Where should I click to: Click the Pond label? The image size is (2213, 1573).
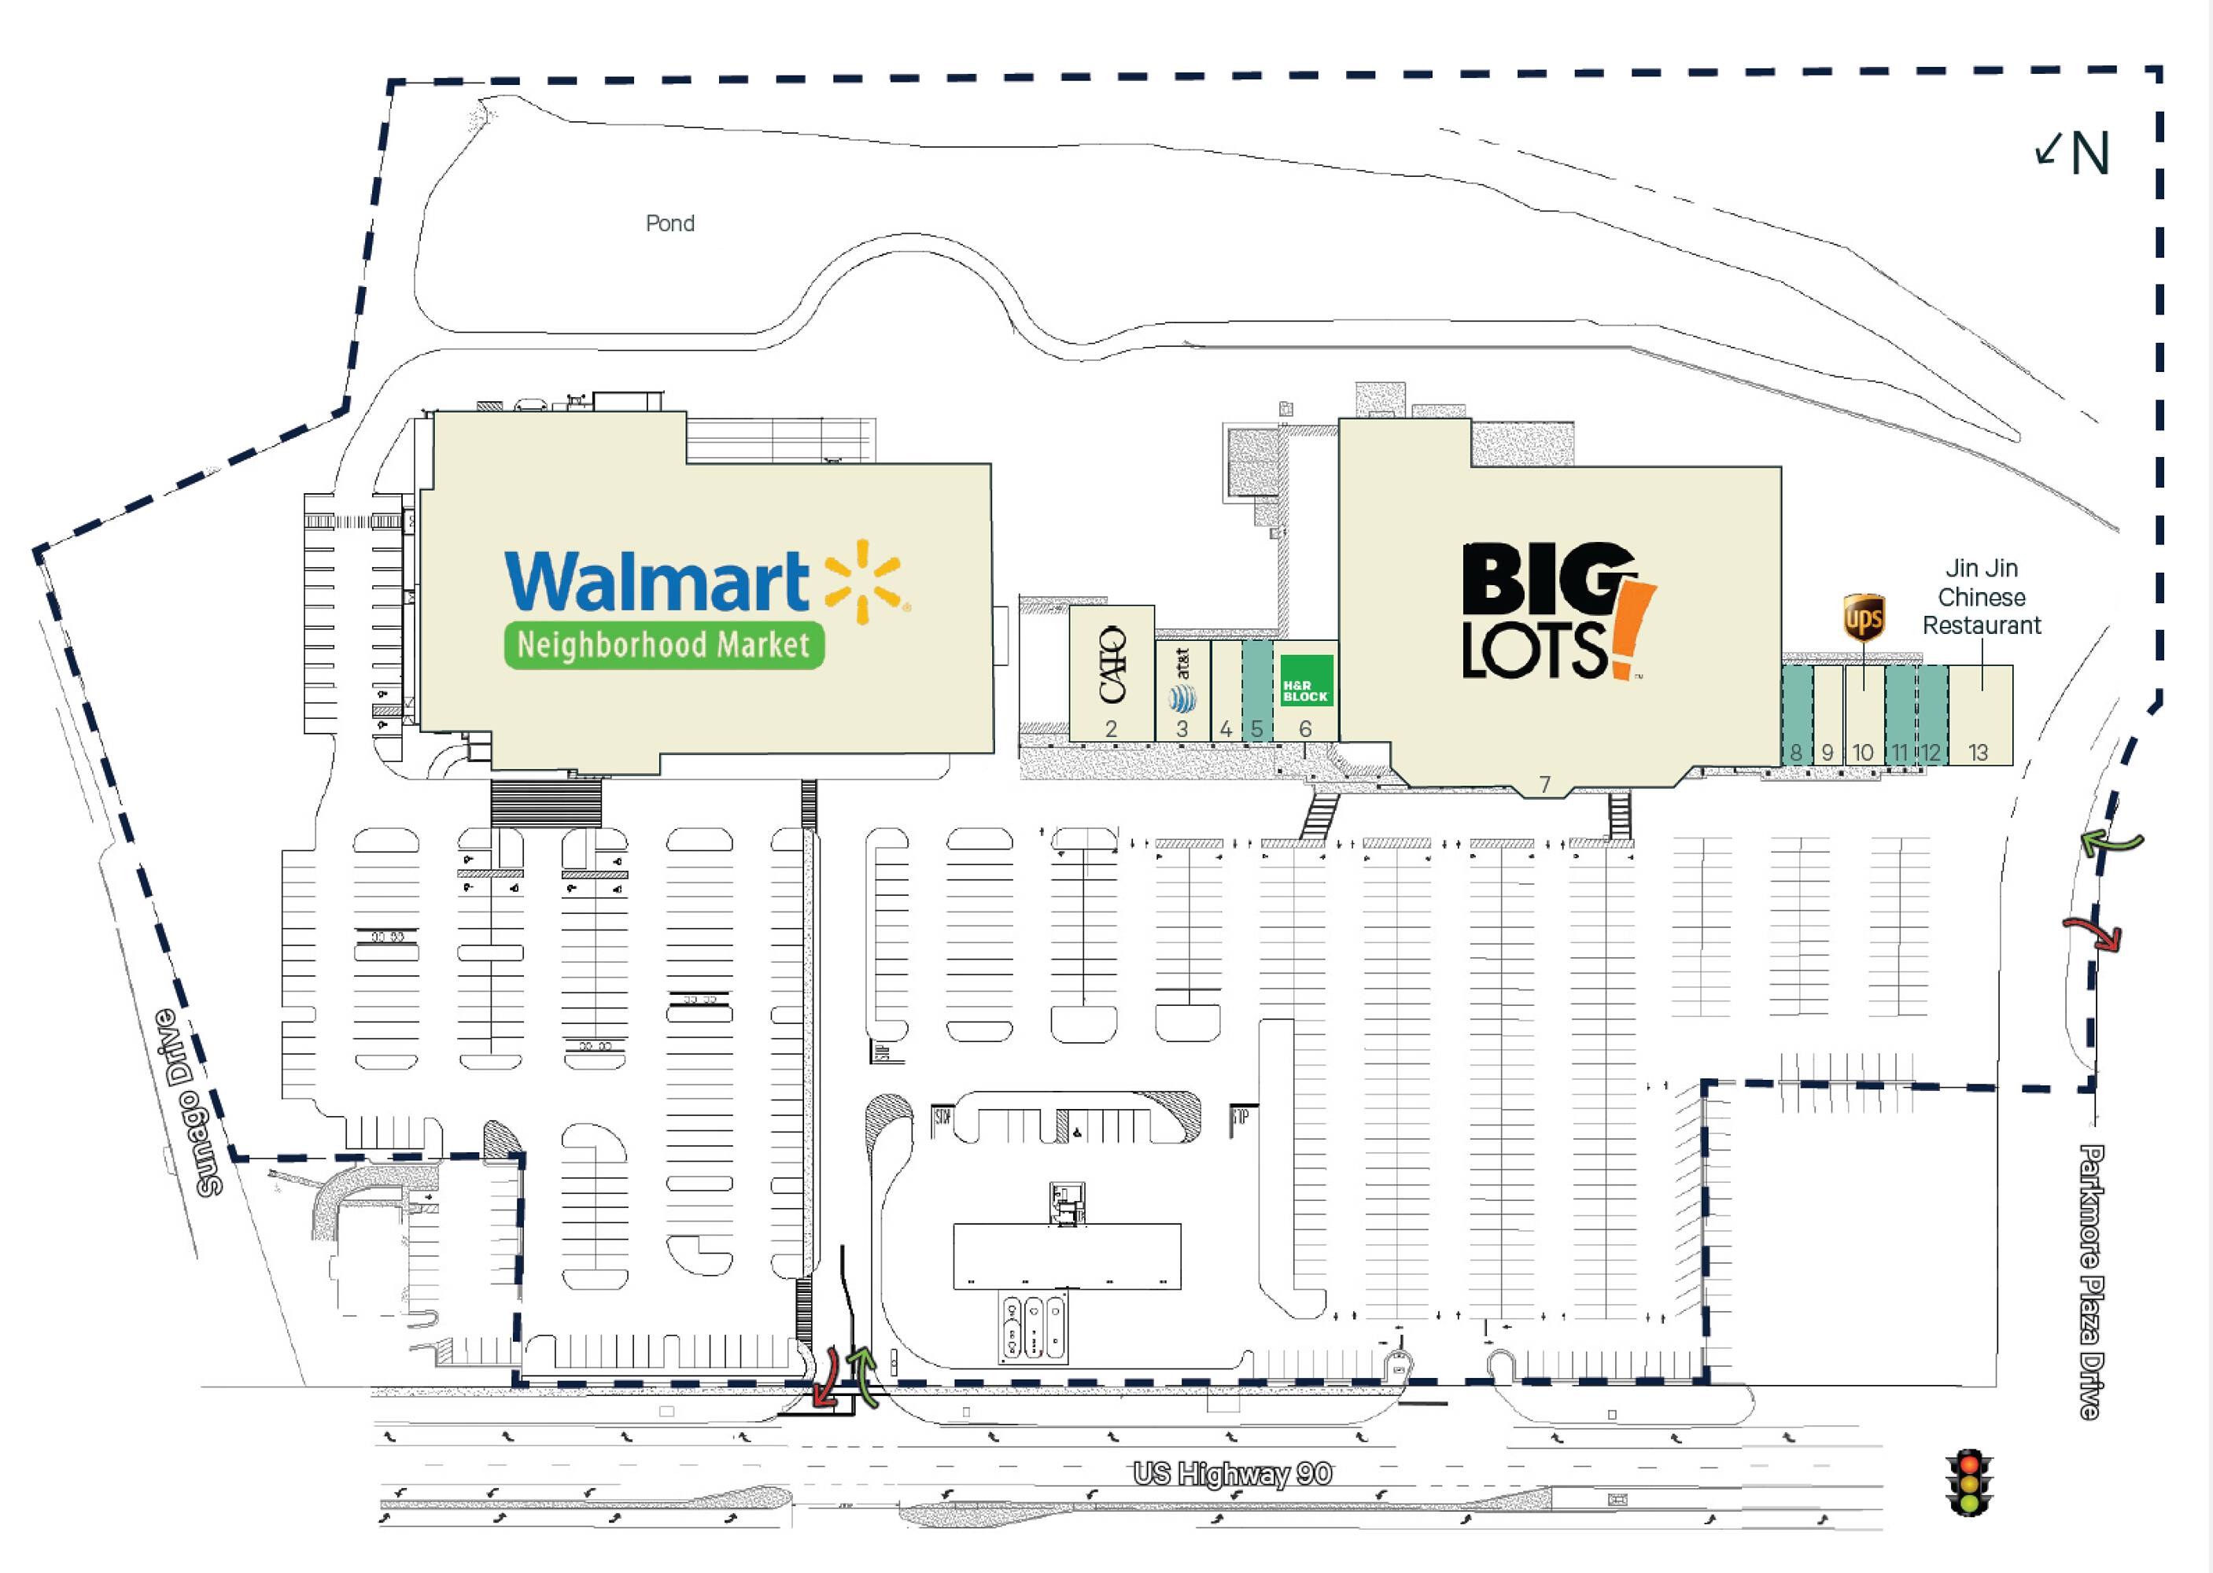click(669, 223)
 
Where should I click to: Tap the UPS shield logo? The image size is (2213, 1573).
click(1863, 618)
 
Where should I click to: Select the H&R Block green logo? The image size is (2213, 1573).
click(1305, 681)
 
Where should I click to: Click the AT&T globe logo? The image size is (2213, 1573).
click(1182, 698)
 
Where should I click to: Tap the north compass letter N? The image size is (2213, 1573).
click(2090, 154)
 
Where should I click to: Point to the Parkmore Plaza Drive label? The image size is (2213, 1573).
click(2091, 1281)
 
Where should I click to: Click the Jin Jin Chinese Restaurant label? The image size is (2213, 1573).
click(1982, 597)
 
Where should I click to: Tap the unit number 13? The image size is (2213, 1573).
click(1978, 753)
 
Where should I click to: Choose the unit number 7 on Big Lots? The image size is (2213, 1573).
click(1544, 785)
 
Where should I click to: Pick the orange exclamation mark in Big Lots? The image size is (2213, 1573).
click(1632, 629)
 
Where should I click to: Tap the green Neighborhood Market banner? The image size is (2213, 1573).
click(664, 645)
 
